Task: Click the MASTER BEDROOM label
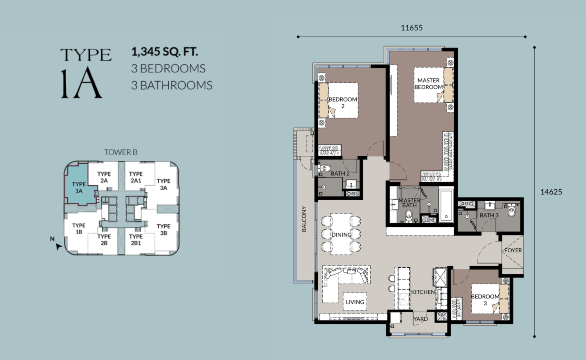[429, 83]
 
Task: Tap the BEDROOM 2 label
[343, 103]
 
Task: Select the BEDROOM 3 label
[485, 300]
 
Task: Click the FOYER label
[513, 250]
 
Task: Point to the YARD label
[421, 319]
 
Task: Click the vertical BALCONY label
[304, 219]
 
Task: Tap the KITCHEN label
[423, 292]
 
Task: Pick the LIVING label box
[355, 302]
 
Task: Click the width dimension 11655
[412, 28]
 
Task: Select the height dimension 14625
[551, 192]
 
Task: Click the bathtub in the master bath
[446, 206]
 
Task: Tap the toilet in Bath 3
[511, 211]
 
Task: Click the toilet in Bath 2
[325, 168]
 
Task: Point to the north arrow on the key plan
[59, 246]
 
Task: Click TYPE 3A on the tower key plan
[163, 184]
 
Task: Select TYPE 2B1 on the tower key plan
[136, 240]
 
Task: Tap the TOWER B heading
[121, 152]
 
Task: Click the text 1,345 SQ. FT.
[164, 52]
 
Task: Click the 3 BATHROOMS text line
[172, 85]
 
